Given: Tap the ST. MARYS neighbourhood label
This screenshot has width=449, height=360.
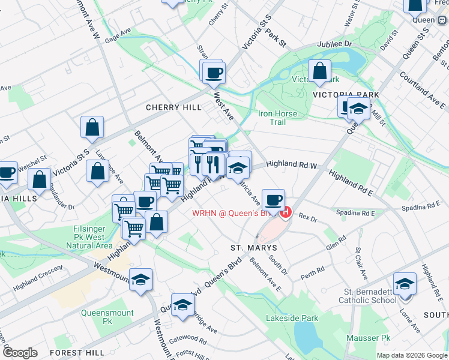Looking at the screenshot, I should (x=254, y=247).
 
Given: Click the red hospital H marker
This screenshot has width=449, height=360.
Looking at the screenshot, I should (x=286, y=212).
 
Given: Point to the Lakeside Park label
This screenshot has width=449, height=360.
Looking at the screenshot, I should (x=292, y=318).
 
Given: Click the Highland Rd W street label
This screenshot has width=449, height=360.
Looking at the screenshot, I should (x=291, y=163).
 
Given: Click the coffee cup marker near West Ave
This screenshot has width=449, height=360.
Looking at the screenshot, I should (x=213, y=73).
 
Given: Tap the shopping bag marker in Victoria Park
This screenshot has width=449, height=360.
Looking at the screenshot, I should (x=319, y=71).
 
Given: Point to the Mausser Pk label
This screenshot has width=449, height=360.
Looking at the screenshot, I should (x=368, y=338).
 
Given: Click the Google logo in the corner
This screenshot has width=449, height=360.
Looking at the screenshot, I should (x=20, y=353).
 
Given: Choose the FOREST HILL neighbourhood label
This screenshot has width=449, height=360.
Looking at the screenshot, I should (x=77, y=352).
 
